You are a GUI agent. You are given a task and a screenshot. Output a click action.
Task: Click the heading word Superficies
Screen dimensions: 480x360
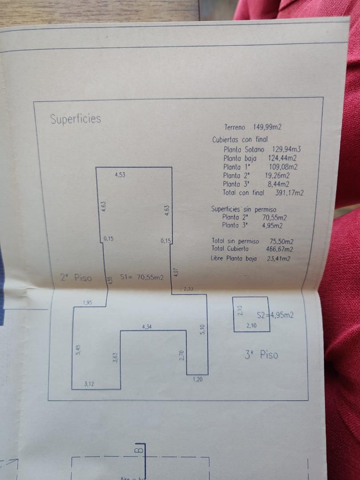[76, 119]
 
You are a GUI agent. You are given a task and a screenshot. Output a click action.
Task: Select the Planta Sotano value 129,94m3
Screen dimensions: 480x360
[286, 149]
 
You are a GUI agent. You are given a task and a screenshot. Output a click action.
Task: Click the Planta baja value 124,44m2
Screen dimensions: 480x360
[283, 158]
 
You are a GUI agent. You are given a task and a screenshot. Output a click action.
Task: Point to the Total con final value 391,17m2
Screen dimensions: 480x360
[288, 193]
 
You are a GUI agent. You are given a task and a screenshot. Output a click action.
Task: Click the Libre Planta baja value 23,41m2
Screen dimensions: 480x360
[278, 258]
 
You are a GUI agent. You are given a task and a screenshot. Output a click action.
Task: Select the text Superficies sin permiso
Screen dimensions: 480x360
[244, 209]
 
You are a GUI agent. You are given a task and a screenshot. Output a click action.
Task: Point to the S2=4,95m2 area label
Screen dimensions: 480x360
[275, 316]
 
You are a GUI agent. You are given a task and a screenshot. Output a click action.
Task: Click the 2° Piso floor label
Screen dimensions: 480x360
[76, 278]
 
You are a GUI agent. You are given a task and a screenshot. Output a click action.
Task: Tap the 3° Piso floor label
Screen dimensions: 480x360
[261, 355]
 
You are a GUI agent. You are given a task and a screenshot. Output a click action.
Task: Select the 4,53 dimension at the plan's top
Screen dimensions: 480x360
[120, 175]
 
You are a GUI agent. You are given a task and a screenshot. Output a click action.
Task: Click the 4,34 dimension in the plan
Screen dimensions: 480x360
[147, 327]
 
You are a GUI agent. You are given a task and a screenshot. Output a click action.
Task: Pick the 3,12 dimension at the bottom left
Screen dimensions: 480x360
[89, 383]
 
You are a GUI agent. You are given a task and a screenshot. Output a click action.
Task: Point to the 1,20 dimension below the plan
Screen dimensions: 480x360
[198, 380]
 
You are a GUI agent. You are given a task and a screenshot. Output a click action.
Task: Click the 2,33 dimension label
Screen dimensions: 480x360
[188, 289]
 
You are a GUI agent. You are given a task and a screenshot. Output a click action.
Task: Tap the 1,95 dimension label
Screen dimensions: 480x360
[88, 303]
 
